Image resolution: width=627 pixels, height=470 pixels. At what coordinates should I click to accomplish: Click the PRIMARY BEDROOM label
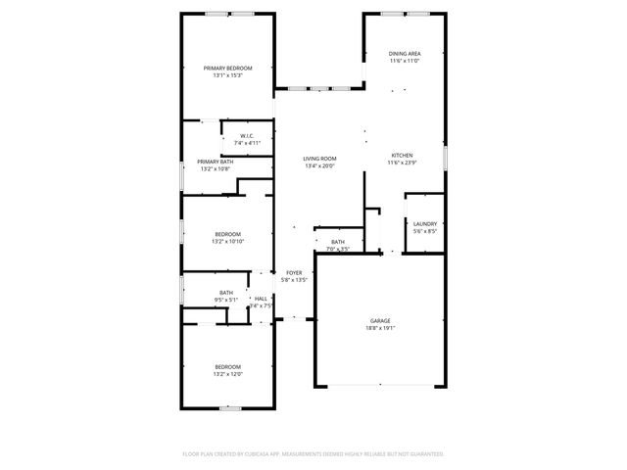click(x=227, y=68)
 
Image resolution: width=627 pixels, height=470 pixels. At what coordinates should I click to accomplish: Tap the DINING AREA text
click(x=405, y=54)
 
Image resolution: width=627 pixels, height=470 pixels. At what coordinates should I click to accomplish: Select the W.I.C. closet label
click(x=246, y=136)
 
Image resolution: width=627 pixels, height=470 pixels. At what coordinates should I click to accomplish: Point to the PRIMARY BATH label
click(x=214, y=162)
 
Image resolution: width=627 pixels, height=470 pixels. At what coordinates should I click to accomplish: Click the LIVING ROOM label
click(x=319, y=159)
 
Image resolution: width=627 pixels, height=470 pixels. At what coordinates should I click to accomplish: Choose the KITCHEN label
click(x=403, y=155)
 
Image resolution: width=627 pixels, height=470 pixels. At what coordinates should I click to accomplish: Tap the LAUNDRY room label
click(x=424, y=223)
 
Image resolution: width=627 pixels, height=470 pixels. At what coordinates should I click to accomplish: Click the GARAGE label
click(x=380, y=321)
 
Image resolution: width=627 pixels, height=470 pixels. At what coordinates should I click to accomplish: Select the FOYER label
click(x=294, y=273)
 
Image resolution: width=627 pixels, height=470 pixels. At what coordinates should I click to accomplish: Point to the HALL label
click(x=261, y=299)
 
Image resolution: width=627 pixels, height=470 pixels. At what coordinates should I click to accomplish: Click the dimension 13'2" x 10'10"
click(x=227, y=241)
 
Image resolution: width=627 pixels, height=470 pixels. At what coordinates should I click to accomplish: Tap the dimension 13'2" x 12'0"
click(x=227, y=374)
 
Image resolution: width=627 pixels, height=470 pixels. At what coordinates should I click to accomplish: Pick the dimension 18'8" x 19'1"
click(x=380, y=329)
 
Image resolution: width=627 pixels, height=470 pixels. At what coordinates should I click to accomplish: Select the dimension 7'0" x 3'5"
click(x=337, y=249)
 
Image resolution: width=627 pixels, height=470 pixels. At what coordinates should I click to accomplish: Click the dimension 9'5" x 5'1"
click(x=226, y=300)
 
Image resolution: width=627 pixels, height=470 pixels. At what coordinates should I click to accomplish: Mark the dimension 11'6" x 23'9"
click(x=403, y=163)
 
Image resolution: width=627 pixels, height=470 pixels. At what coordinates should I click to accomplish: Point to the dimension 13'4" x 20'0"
click(x=319, y=166)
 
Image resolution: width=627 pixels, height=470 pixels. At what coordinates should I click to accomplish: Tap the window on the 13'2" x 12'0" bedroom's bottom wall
click(x=230, y=408)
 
